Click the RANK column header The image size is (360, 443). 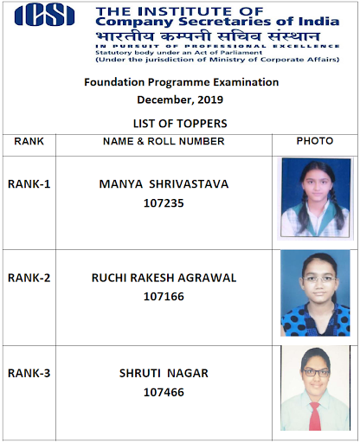click(29, 141)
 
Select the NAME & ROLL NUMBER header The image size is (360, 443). click(164, 141)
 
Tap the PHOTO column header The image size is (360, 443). click(315, 141)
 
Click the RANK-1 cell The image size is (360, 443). click(29, 183)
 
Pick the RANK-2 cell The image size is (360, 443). click(29, 278)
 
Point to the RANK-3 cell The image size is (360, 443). click(29, 373)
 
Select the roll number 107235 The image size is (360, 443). click(164, 204)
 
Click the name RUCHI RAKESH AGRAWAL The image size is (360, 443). click(164, 278)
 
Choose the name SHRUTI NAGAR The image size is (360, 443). click(164, 373)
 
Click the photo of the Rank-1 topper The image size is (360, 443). click(315, 198)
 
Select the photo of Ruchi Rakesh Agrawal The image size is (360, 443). click(315, 292)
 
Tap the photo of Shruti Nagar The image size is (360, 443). click(315, 388)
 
